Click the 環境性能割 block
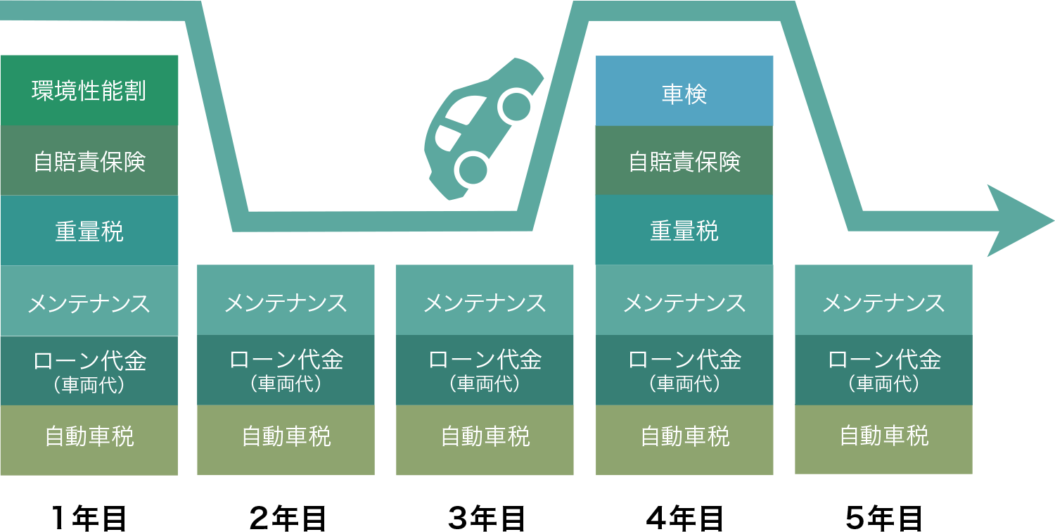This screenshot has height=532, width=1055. point(89,91)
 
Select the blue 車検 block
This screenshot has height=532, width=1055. point(684,91)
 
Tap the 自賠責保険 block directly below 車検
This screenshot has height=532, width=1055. point(684,161)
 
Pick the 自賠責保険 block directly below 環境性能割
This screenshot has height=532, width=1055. point(89,161)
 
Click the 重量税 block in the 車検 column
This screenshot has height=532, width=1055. point(684,230)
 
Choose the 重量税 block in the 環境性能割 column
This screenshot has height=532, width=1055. point(89,231)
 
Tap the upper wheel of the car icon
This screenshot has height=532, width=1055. point(517,106)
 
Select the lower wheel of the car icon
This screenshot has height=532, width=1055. point(472,169)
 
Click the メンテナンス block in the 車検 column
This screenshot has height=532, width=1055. point(684,301)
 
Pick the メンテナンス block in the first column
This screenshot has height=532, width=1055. point(89,302)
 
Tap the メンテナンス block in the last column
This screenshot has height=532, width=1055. point(883,301)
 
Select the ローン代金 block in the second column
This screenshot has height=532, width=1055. point(286,370)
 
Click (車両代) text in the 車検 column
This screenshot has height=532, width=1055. point(684,384)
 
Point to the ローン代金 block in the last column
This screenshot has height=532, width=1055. point(883,370)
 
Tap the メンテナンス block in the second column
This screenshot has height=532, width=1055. point(286,301)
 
